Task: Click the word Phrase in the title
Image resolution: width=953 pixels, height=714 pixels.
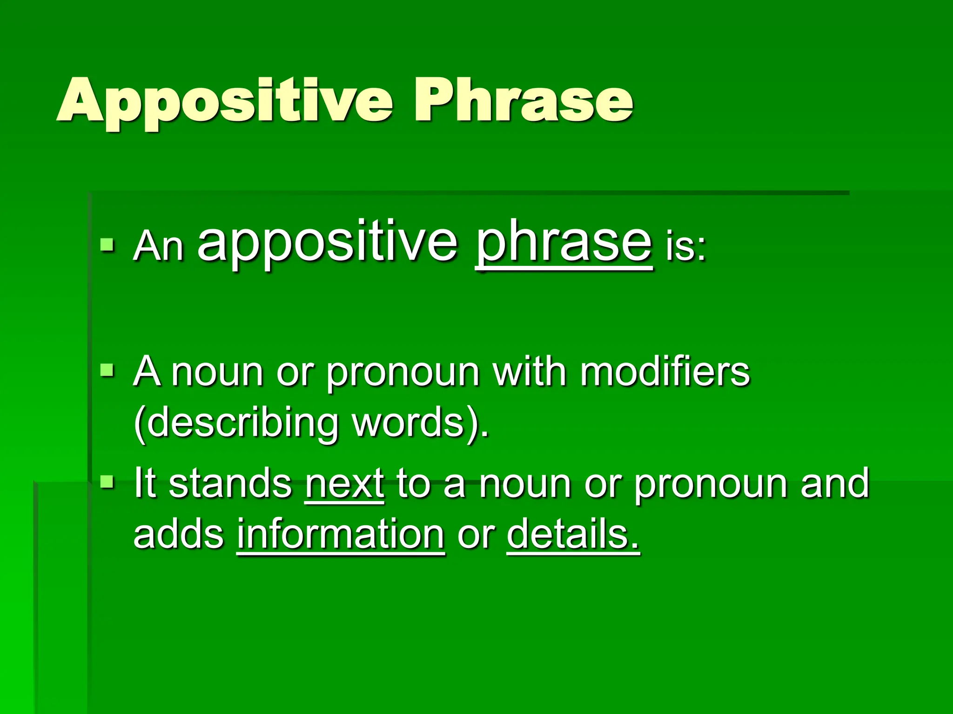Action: click(x=523, y=100)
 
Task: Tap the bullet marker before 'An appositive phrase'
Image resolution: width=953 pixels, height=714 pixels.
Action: click(x=107, y=245)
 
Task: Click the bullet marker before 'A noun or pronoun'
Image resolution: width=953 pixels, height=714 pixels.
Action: click(x=107, y=370)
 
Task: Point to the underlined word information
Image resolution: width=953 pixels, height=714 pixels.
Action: click(x=341, y=535)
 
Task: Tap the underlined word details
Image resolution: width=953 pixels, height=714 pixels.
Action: click(x=573, y=535)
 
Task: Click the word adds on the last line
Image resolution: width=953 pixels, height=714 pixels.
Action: click(x=179, y=535)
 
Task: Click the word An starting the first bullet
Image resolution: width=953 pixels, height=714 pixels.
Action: click(x=158, y=246)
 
